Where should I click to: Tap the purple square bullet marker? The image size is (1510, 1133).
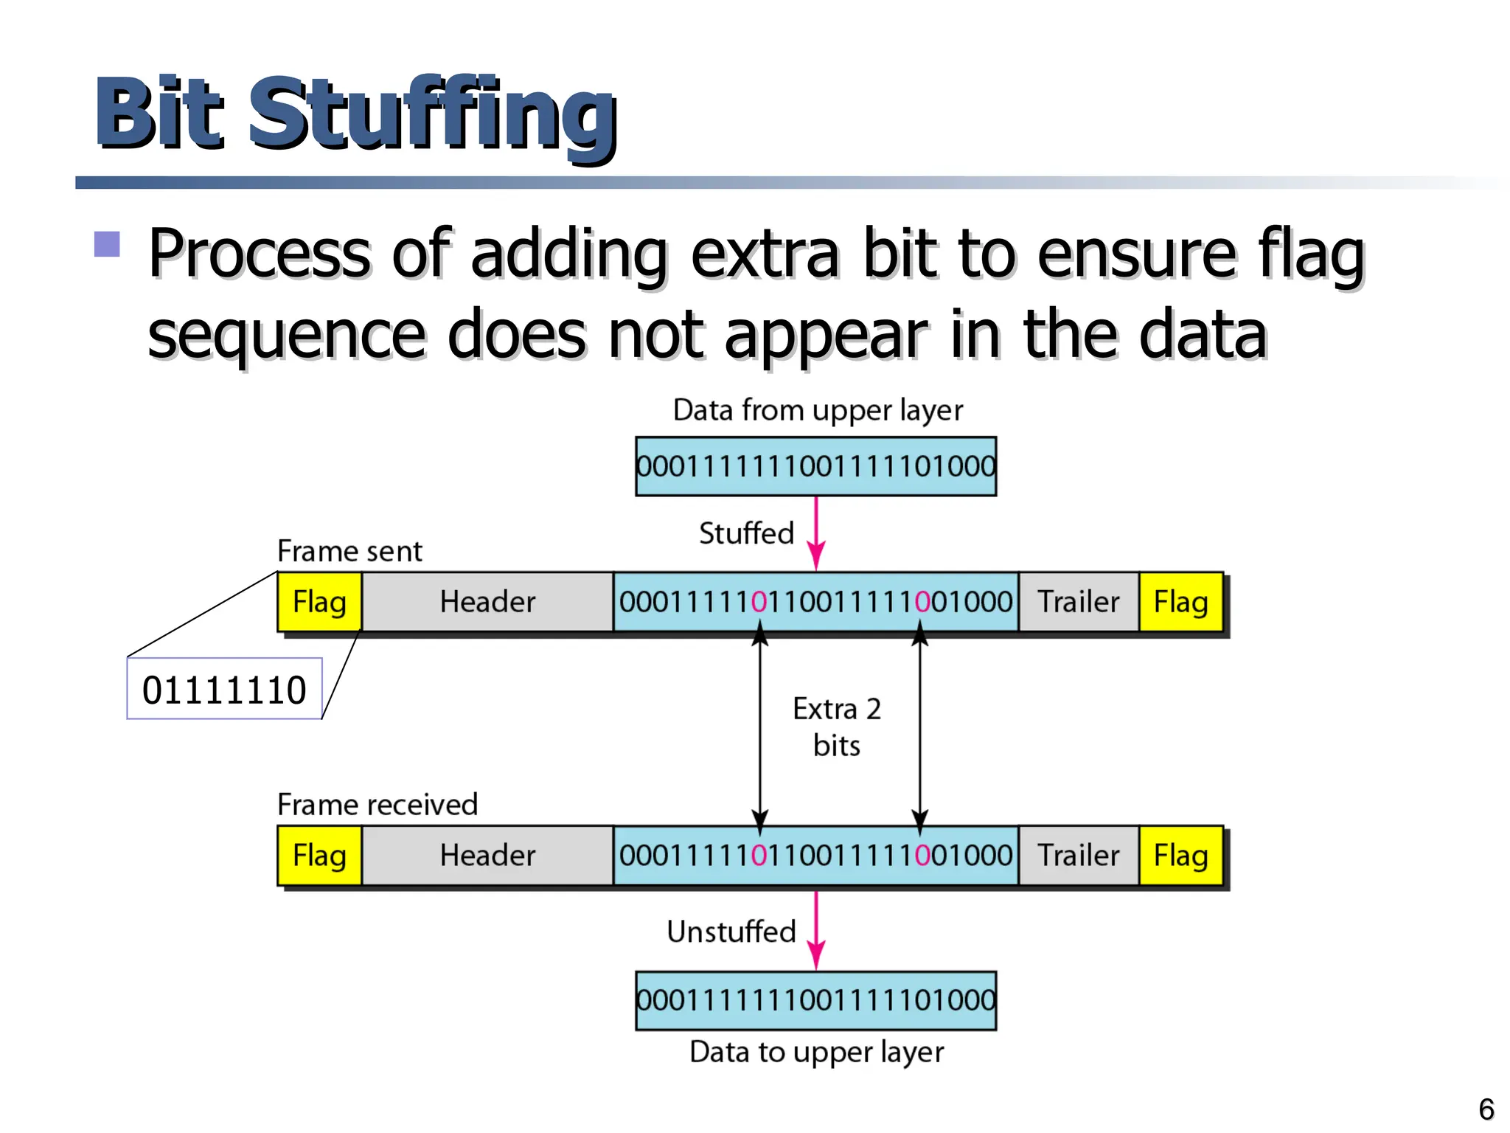[x=107, y=244]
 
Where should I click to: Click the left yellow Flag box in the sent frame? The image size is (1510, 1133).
[x=319, y=602]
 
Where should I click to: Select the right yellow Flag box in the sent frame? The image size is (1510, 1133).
[x=1180, y=602]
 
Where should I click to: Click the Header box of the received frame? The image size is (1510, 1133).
[x=487, y=856]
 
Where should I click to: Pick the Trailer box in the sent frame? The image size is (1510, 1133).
[x=1079, y=602]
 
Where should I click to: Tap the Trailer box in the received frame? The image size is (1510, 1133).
[x=1079, y=856]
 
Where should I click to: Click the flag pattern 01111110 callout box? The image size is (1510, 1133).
[x=224, y=690]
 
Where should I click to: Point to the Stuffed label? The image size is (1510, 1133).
[x=745, y=533]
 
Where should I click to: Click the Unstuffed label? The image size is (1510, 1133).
[x=731, y=932]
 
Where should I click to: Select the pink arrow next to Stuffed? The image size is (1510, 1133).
[x=815, y=533]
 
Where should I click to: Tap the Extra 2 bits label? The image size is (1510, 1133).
[x=837, y=727]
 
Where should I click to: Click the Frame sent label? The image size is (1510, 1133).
[x=349, y=552]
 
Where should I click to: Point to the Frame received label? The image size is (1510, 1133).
[x=377, y=805]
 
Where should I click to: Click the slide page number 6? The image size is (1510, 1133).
[x=1486, y=1109]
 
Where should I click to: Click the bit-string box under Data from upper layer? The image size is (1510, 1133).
[x=815, y=466]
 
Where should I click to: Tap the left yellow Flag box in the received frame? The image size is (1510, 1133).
[x=319, y=856]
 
